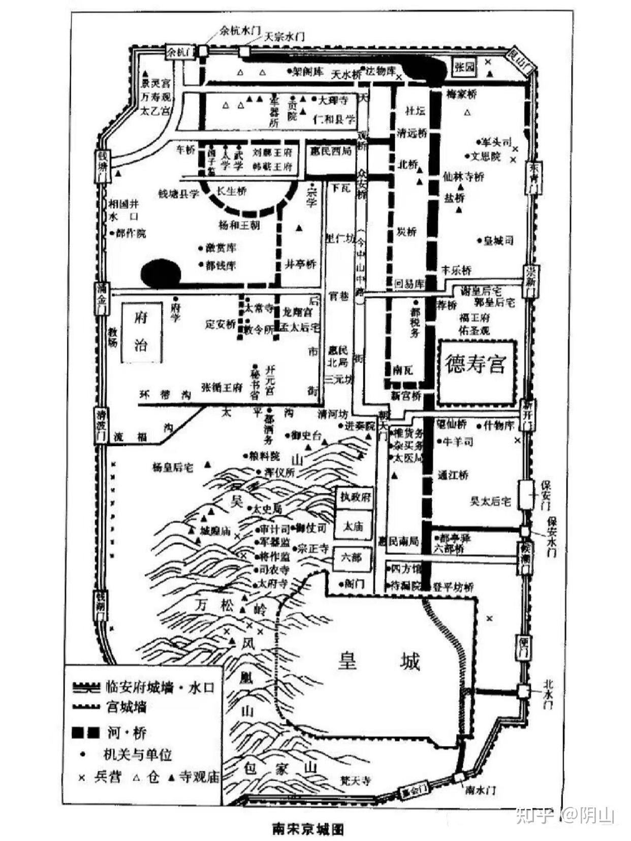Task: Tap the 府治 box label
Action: (x=141, y=332)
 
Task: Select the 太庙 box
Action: (x=354, y=526)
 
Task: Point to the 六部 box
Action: (x=351, y=558)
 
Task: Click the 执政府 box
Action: (x=356, y=497)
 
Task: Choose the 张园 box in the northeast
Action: (x=464, y=67)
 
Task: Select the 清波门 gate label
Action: (x=101, y=425)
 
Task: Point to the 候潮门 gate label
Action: (x=524, y=558)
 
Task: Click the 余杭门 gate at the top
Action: (x=180, y=52)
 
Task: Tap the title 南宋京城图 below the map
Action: (x=308, y=829)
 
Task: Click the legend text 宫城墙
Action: (x=127, y=706)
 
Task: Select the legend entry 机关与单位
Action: (x=138, y=755)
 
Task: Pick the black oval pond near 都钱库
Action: (x=161, y=273)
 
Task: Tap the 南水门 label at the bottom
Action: (x=480, y=789)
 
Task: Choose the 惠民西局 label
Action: (x=330, y=151)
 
